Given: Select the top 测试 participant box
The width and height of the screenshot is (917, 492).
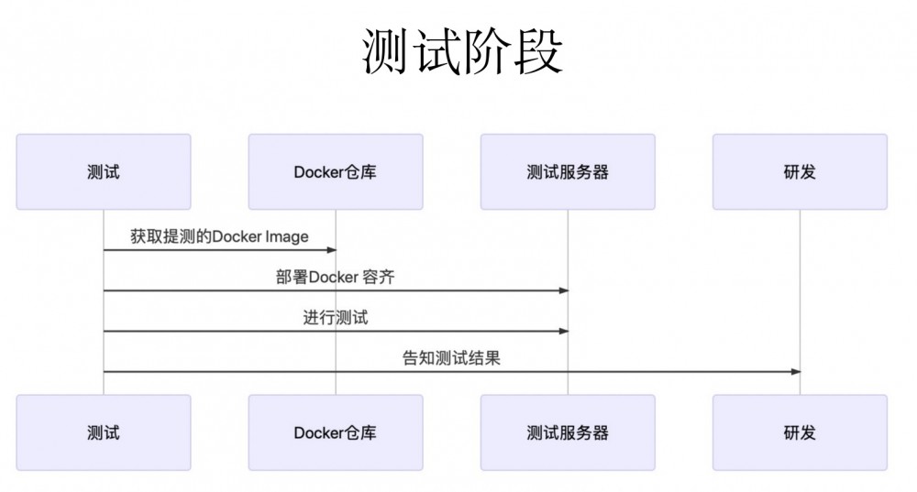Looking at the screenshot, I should (x=104, y=172).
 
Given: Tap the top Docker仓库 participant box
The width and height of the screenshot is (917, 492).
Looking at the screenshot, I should (x=336, y=172).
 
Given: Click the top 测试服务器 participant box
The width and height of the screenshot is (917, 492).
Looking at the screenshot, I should (x=568, y=172).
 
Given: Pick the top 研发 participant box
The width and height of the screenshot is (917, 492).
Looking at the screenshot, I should (x=800, y=172).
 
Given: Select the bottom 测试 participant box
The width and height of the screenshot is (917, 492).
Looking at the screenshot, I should (x=104, y=432).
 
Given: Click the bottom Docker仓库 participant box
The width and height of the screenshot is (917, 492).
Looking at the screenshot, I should (x=336, y=432).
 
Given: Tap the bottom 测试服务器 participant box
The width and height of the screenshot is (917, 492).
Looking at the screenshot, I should (x=568, y=432).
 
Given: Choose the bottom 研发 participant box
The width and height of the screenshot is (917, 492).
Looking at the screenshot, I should (x=800, y=432).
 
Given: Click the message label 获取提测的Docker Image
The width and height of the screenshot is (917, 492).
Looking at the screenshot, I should (x=219, y=236).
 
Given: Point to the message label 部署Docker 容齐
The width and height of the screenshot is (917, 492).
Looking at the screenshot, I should (x=336, y=278).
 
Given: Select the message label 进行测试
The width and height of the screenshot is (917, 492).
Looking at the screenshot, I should (x=336, y=318).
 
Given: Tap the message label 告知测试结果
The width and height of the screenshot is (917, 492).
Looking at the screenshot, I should (x=451, y=358).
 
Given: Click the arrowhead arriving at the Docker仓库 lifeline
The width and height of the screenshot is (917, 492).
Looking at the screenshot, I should (x=331, y=250).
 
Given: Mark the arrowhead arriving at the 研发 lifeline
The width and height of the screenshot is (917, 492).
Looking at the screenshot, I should (x=795, y=372).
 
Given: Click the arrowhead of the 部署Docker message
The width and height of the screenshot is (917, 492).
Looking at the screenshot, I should (x=563, y=290).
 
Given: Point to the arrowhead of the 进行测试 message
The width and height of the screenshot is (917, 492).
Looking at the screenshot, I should (x=563, y=332).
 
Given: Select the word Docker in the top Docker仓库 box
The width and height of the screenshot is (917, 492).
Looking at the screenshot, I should (x=318, y=172).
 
